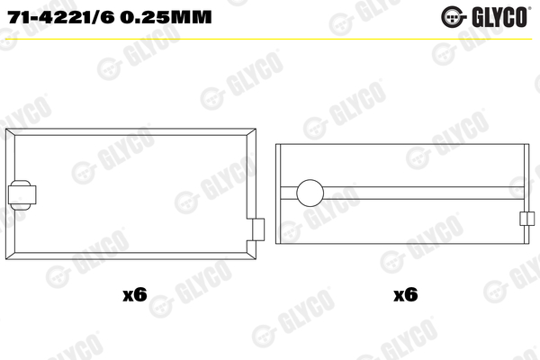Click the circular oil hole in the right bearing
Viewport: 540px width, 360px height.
tap(309, 193)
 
